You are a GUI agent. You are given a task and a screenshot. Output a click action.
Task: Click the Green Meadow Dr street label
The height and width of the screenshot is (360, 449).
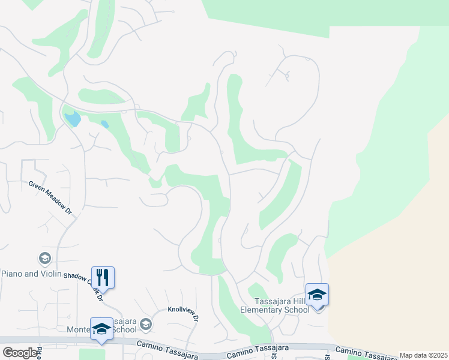[50, 199]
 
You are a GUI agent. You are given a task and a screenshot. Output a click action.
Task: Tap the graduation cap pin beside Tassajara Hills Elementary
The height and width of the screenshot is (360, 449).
[317, 295]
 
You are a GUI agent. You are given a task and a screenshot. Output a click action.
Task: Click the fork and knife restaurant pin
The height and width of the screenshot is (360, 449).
[103, 278]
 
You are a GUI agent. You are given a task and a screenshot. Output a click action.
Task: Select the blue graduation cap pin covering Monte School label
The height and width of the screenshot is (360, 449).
[101, 329]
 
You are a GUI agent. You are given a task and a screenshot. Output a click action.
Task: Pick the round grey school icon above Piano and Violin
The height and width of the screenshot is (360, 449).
[44, 259]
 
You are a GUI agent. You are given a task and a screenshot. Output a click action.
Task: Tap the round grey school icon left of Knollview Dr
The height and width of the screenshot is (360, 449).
[145, 325]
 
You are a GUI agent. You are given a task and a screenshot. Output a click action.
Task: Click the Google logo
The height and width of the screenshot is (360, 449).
[20, 353]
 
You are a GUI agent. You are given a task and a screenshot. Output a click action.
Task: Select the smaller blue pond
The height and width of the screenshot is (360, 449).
[105, 125]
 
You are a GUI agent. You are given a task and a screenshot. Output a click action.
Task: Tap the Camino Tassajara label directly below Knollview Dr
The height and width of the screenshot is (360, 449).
[164, 344]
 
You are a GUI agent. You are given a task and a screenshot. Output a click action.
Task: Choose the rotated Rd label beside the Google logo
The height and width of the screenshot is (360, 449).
[40, 352]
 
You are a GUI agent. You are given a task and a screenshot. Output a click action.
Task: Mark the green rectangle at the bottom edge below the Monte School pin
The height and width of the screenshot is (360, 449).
[92, 354]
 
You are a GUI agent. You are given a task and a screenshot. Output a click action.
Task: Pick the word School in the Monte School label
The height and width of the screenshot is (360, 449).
[125, 329]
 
